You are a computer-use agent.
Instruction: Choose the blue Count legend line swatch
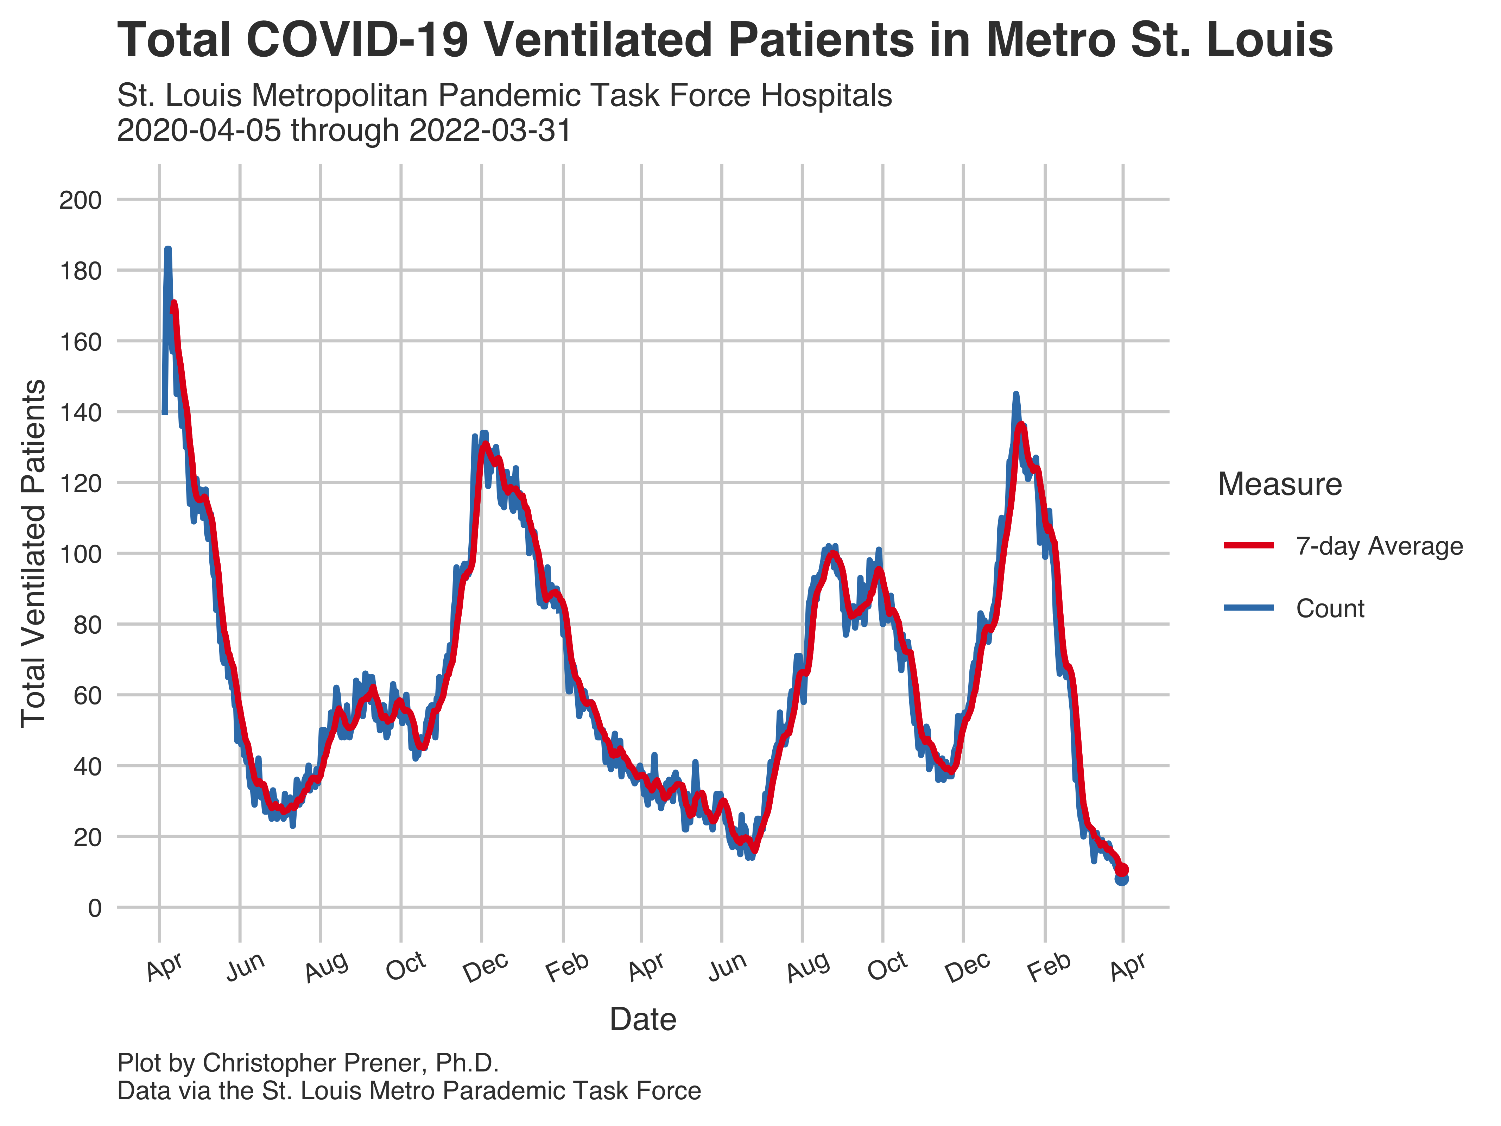[1249, 608]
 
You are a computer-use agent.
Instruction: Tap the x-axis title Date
[642, 1019]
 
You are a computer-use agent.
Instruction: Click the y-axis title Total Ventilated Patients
[34, 553]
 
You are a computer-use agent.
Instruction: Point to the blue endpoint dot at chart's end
[1122, 878]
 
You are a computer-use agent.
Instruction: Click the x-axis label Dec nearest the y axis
[486, 967]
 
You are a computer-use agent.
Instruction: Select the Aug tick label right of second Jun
[807, 967]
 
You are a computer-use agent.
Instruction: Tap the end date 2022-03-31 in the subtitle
[490, 130]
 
